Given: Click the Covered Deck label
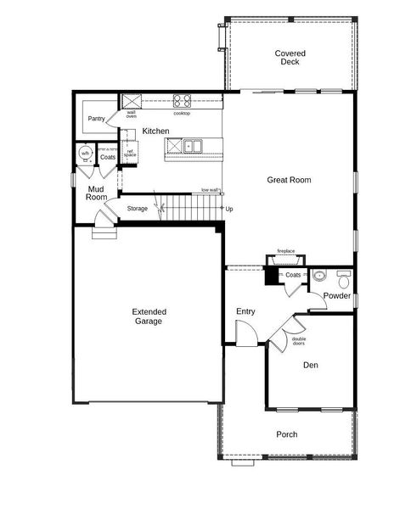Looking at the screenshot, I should click(x=290, y=58).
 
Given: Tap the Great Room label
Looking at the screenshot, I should click(x=289, y=180).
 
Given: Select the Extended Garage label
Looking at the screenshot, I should click(x=149, y=316).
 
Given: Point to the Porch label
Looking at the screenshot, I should click(x=287, y=434).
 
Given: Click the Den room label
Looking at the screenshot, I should click(x=311, y=366).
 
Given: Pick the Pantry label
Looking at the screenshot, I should click(x=96, y=119).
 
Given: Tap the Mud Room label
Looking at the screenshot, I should click(x=96, y=193).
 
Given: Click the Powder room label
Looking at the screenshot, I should click(x=337, y=296).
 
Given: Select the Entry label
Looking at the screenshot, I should click(x=245, y=312).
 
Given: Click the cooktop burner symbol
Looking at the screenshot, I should click(x=182, y=100).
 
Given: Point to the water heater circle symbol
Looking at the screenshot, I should click(x=85, y=154).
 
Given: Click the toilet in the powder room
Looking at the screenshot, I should click(x=343, y=277).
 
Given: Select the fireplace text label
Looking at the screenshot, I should click(x=286, y=251).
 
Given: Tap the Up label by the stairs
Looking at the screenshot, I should click(x=229, y=208).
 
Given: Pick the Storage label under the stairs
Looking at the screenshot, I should click(x=138, y=209).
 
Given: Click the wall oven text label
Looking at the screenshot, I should click(x=132, y=115).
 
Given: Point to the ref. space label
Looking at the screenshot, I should click(x=130, y=154).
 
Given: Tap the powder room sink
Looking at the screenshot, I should click(x=318, y=275).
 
